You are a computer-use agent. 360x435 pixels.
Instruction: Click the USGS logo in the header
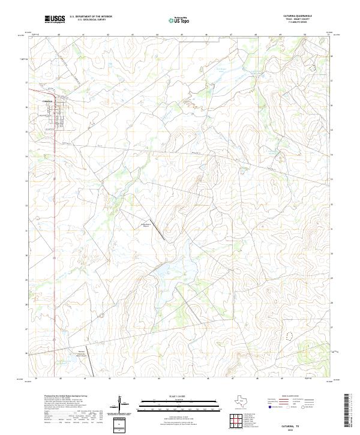(55, 20)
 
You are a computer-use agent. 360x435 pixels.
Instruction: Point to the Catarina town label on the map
(49, 101)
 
